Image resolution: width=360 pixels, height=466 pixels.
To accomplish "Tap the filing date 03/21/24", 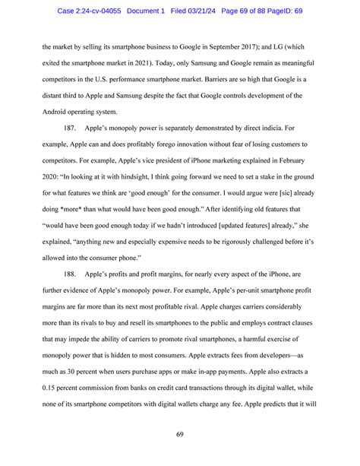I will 229,9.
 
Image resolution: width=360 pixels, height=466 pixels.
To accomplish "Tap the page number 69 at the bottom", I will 180,436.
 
